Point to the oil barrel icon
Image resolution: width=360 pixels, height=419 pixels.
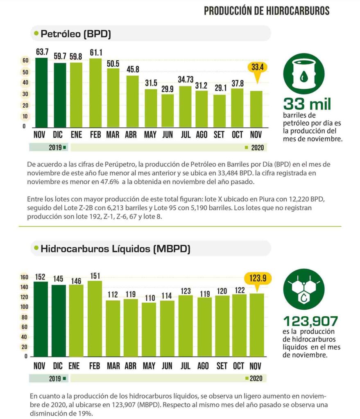tap(303, 73)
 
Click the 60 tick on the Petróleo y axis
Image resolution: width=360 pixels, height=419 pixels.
tap(25, 61)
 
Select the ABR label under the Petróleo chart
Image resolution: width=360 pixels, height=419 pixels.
tap(131, 135)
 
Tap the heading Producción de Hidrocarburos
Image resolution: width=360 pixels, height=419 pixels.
tap(267, 11)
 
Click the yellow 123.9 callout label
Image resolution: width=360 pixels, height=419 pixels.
tap(257, 279)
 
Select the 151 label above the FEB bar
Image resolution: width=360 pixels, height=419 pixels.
tap(95, 275)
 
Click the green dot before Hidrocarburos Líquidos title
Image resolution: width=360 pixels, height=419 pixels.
tap(36, 248)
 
